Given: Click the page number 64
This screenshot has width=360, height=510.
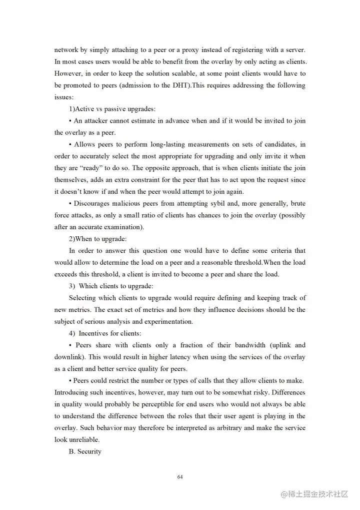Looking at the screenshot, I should coord(180,476).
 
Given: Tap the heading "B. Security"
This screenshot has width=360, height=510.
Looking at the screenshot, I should coord(85,451).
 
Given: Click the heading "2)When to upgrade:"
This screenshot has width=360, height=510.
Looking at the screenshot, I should coord(97,239).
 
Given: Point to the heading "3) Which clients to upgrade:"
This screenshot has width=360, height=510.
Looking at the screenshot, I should coord(111,286).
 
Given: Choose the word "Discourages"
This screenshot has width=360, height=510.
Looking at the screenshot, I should coord(94,203).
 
